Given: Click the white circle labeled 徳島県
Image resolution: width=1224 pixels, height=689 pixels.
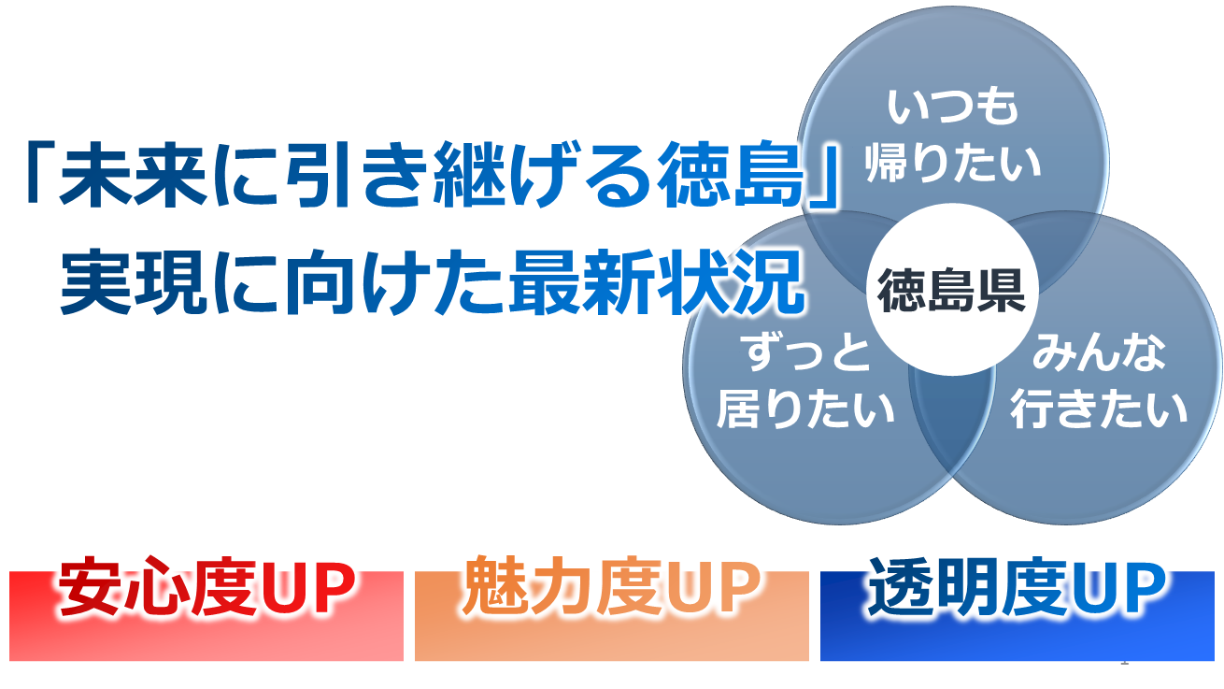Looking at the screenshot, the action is (952, 289).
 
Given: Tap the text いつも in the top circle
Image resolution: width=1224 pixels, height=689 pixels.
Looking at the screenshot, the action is (953, 107).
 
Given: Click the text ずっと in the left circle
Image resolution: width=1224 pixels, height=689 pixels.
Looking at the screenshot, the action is (807, 353).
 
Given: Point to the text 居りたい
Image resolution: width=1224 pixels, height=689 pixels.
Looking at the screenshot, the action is (806, 409).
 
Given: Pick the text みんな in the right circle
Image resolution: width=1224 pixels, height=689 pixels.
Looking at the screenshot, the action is (1099, 353).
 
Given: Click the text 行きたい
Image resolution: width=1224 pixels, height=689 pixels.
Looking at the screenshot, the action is (1099, 409).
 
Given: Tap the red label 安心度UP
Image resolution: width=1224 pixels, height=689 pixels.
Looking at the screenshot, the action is (206, 588).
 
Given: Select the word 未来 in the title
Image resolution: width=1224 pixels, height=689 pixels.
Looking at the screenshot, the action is (134, 175).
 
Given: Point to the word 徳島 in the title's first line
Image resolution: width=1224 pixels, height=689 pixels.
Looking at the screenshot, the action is (731, 175).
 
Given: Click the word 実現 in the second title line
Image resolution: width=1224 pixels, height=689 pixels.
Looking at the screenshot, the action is (134, 281).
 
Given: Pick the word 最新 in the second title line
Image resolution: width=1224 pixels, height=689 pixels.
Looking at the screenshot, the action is (582, 281).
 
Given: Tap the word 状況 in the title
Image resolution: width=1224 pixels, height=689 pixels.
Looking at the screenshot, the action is (730, 281).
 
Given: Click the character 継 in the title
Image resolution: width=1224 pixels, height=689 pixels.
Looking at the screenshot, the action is (469, 175).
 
